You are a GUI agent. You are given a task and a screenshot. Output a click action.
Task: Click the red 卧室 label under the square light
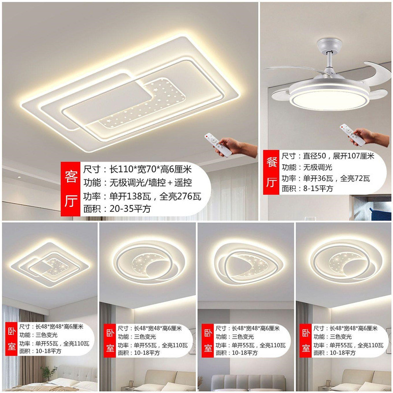(x=11, y=338)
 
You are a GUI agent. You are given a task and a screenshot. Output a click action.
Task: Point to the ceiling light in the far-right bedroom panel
(x=343, y=260)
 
